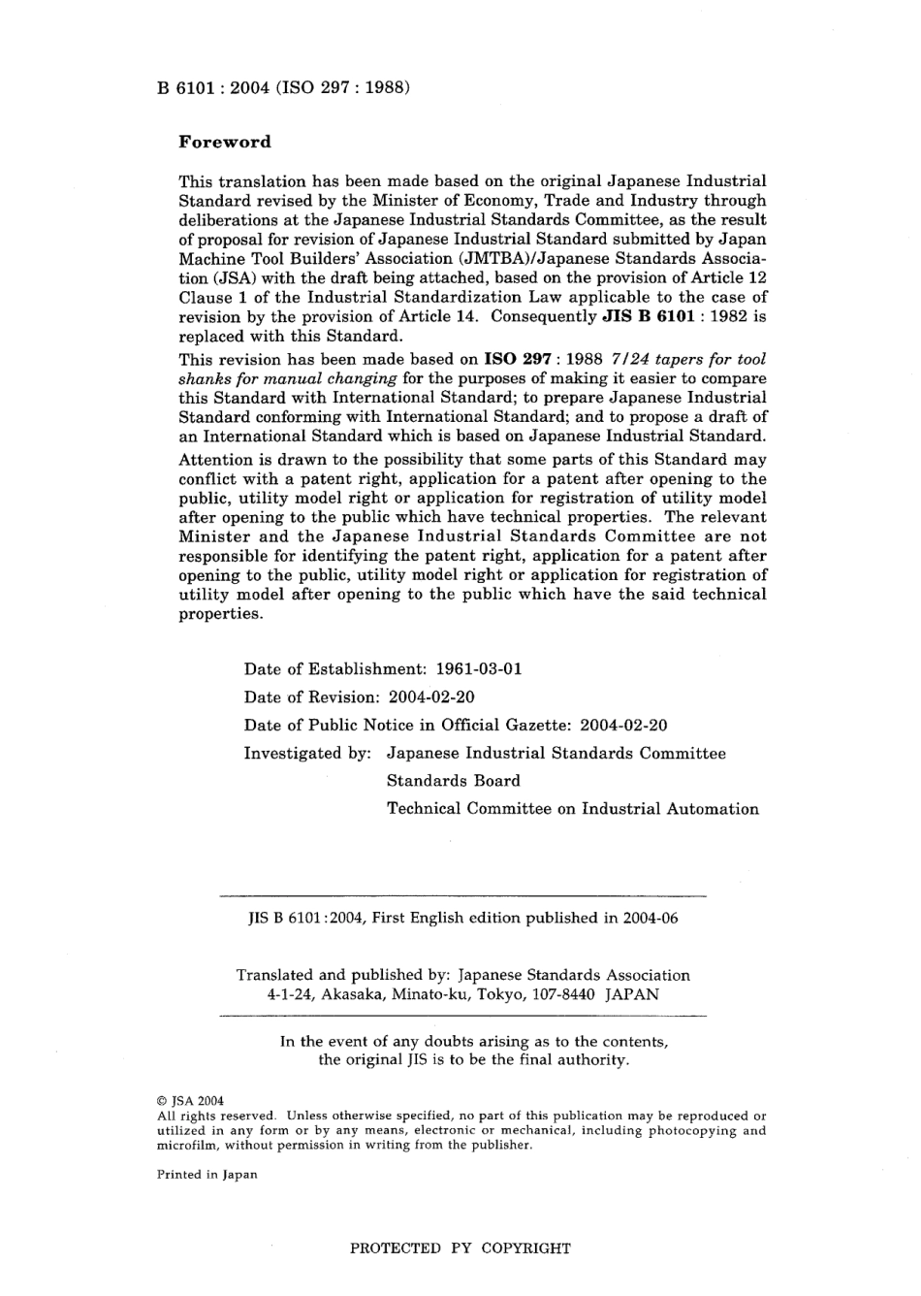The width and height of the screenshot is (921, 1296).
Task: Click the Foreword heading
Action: tap(225, 142)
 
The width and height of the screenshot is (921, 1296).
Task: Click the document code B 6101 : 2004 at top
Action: tap(212, 87)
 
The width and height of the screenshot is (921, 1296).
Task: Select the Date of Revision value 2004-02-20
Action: tap(431, 697)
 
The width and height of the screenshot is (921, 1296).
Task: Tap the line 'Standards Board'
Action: tap(453, 781)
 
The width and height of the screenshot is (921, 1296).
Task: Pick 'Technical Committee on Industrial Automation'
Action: tap(572, 809)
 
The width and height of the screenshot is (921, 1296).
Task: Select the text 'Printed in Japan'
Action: tap(206, 1175)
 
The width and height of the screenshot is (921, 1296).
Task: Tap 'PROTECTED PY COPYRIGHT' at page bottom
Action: tap(460, 1248)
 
